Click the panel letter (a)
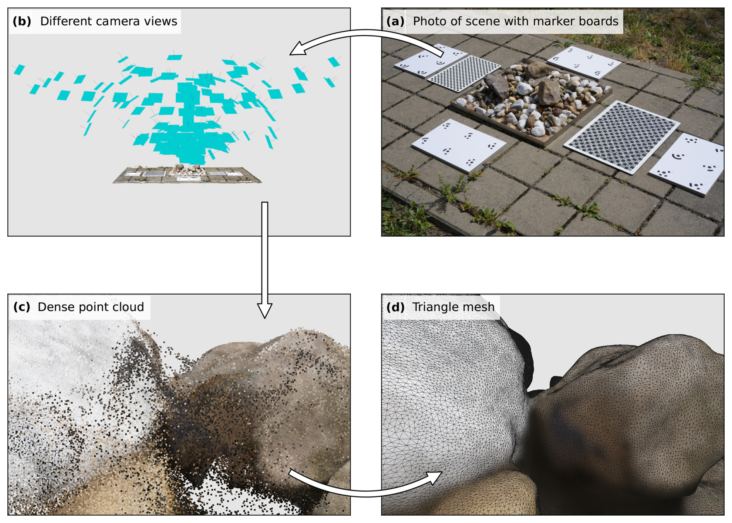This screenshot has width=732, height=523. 395,21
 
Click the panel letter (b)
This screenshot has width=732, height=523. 22,21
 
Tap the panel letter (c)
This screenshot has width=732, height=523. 22,307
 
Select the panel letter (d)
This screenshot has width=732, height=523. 395,307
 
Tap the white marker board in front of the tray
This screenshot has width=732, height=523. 459,145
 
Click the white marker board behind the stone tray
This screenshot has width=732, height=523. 584,62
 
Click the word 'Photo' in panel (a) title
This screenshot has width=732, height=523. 430,21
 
